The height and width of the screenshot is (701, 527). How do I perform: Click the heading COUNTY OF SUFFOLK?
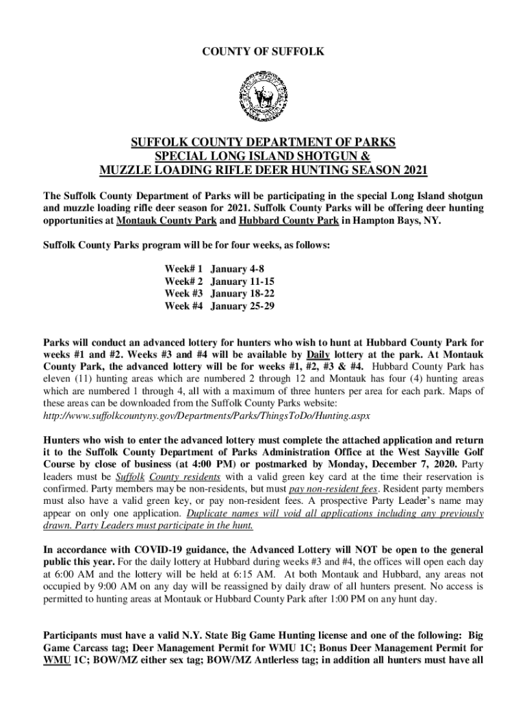(263, 52)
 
